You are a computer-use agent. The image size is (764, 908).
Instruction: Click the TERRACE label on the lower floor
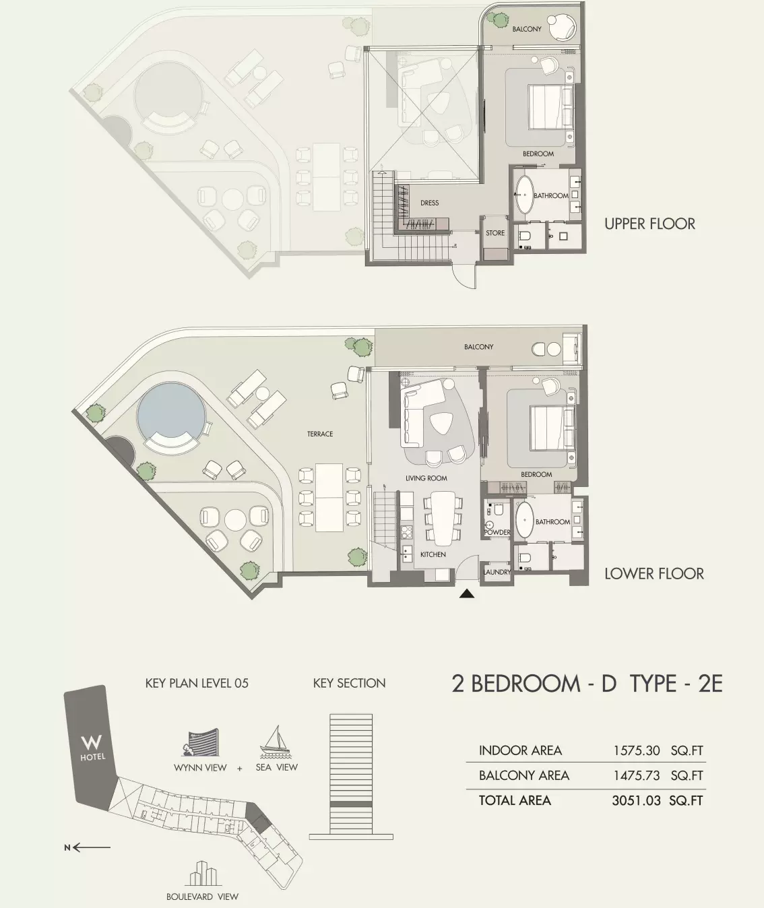coord(320,434)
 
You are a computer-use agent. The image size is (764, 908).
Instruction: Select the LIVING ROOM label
coord(426,478)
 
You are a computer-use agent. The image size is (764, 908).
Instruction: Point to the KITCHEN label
coord(433,554)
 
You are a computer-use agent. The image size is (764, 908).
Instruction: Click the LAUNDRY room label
coord(497,573)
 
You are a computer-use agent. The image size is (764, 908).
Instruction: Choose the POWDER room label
coord(497,532)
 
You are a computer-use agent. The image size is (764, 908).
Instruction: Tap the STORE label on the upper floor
coord(495,233)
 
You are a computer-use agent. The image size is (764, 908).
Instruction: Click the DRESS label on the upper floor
coord(429,203)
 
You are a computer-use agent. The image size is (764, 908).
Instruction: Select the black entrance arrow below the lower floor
coord(467,594)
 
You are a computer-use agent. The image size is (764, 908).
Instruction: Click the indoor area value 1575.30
coord(637,750)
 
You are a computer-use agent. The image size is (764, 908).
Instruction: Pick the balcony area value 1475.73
coord(637,775)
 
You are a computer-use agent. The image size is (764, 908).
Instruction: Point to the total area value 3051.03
coord(636,801)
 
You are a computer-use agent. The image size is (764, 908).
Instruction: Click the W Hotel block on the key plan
coord(92,747)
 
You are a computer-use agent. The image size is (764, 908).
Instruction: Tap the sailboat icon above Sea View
coord(274,740)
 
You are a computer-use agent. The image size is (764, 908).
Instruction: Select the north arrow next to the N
coord(92,847)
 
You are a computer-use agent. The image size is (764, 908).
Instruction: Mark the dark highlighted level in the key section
coord(351,804)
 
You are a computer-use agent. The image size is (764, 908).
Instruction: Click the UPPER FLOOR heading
coord(650,224)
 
